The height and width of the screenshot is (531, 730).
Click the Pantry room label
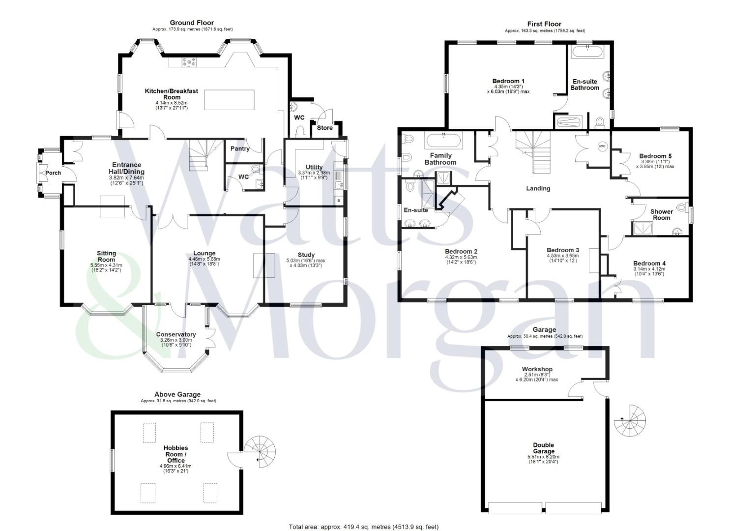(x=240, y=148)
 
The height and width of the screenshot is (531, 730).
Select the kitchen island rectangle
(x=230, y=101)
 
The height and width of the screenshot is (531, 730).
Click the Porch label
(x=53, y=173)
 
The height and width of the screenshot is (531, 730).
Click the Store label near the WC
(x=324, y=128)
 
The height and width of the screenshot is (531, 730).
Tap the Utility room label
(x=310, y=167)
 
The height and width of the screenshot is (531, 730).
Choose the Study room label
(x=306, y=255)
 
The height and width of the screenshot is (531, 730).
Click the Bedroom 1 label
(x=508, y=81)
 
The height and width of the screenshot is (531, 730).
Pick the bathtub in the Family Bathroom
(x=444, y=141)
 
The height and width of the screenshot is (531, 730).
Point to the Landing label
(x=538, y=188)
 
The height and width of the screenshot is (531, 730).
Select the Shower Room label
(x=661, y=214)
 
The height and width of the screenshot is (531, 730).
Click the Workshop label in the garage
(x=537, y=369)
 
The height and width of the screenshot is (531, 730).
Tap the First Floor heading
(x=544, y=24)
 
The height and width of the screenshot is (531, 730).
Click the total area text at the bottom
(x=363, y=527)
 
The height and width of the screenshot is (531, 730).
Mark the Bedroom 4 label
(x=649, y=264)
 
